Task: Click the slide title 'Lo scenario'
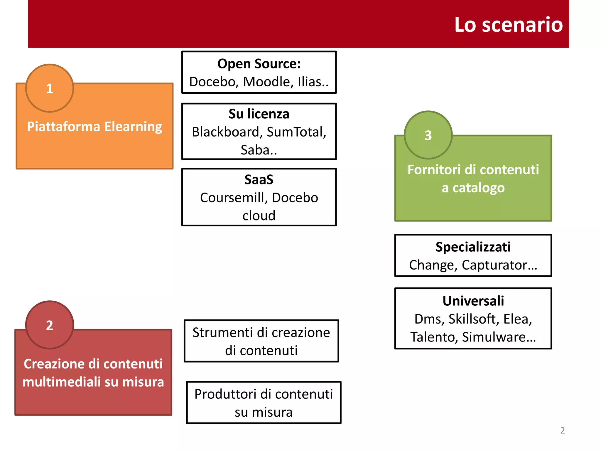pyautogui.click(x=508, y=25)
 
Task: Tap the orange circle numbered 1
pyautogui.click(x=50, y=88)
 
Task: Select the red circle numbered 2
pyautogui.click(x=50, y=325)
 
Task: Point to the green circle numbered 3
pyautogui.click(x=428, y=135)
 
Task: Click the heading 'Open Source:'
pyautogui.click(x=259, y=64)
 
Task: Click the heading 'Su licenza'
pyautogui.click(x=259, y=114)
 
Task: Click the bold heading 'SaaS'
pyautogui.click(x=259, y=179)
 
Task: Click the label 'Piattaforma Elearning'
pyautogui.click(x=94, y=127)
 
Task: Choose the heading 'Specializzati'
pyautogui.click(x=473, y=247)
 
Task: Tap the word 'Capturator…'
pyautogui.click(x=499, y=265)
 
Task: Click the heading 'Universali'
pyautogui.click(x=473, y=301)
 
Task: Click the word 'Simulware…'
pyautogui.click(x=499, y=337)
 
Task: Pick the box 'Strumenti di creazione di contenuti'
pyautogui.click(x=261, y=341)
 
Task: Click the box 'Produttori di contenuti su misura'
pyautogui.click(x=264, y=403)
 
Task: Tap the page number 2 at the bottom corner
pyautogui.click(x=562, y=430)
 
